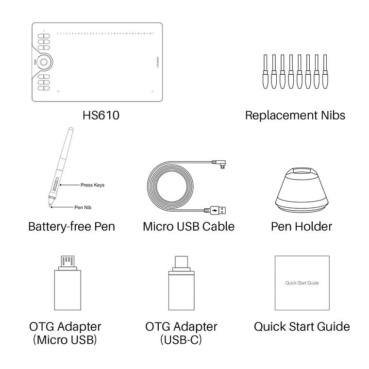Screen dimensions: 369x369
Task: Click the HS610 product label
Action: click(x=101, y=115)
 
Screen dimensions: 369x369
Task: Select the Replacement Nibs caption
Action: click(x=295, y=115)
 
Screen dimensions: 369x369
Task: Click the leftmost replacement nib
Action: click(x=265, y=71)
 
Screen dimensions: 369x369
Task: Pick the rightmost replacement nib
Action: click(x=325, y=71)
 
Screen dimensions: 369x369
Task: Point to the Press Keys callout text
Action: click(x=92, y=185)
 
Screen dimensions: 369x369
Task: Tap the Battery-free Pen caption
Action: click(x=71, y=226)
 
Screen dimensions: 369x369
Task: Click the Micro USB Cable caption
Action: click(x=188, y=226)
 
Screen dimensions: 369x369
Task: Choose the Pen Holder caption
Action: click(x=301, y=226)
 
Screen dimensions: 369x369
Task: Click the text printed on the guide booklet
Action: click(x=302, y=283)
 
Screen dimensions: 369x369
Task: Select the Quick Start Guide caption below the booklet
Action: click(x=302, y=326)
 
